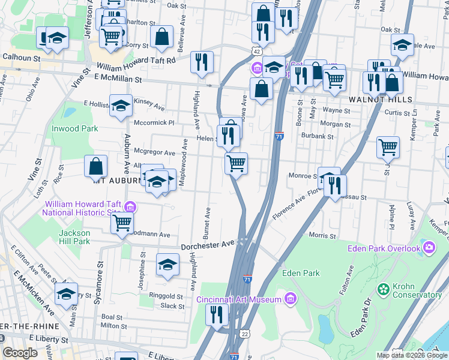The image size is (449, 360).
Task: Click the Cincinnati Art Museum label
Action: tap(239, 299)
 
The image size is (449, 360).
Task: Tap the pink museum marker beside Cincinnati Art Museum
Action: tap(290, 299)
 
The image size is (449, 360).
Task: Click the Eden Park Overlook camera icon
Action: tap(429, 247)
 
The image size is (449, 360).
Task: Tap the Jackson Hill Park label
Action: tap(74, 237)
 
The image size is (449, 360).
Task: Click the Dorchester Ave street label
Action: tap(207, 245)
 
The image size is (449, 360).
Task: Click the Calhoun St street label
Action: tap(21, 58)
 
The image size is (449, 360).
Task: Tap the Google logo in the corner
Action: tap(20, 353)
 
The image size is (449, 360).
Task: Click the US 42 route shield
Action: tap(256, 51)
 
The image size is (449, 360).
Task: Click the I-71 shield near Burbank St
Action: tap(279, 137)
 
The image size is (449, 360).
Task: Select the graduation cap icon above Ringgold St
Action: tap(167, 265)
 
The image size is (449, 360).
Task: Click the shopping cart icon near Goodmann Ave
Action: tap(122, 223)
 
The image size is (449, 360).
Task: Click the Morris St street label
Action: tap(321, 235)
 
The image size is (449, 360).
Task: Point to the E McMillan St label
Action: tap(118, 79)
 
